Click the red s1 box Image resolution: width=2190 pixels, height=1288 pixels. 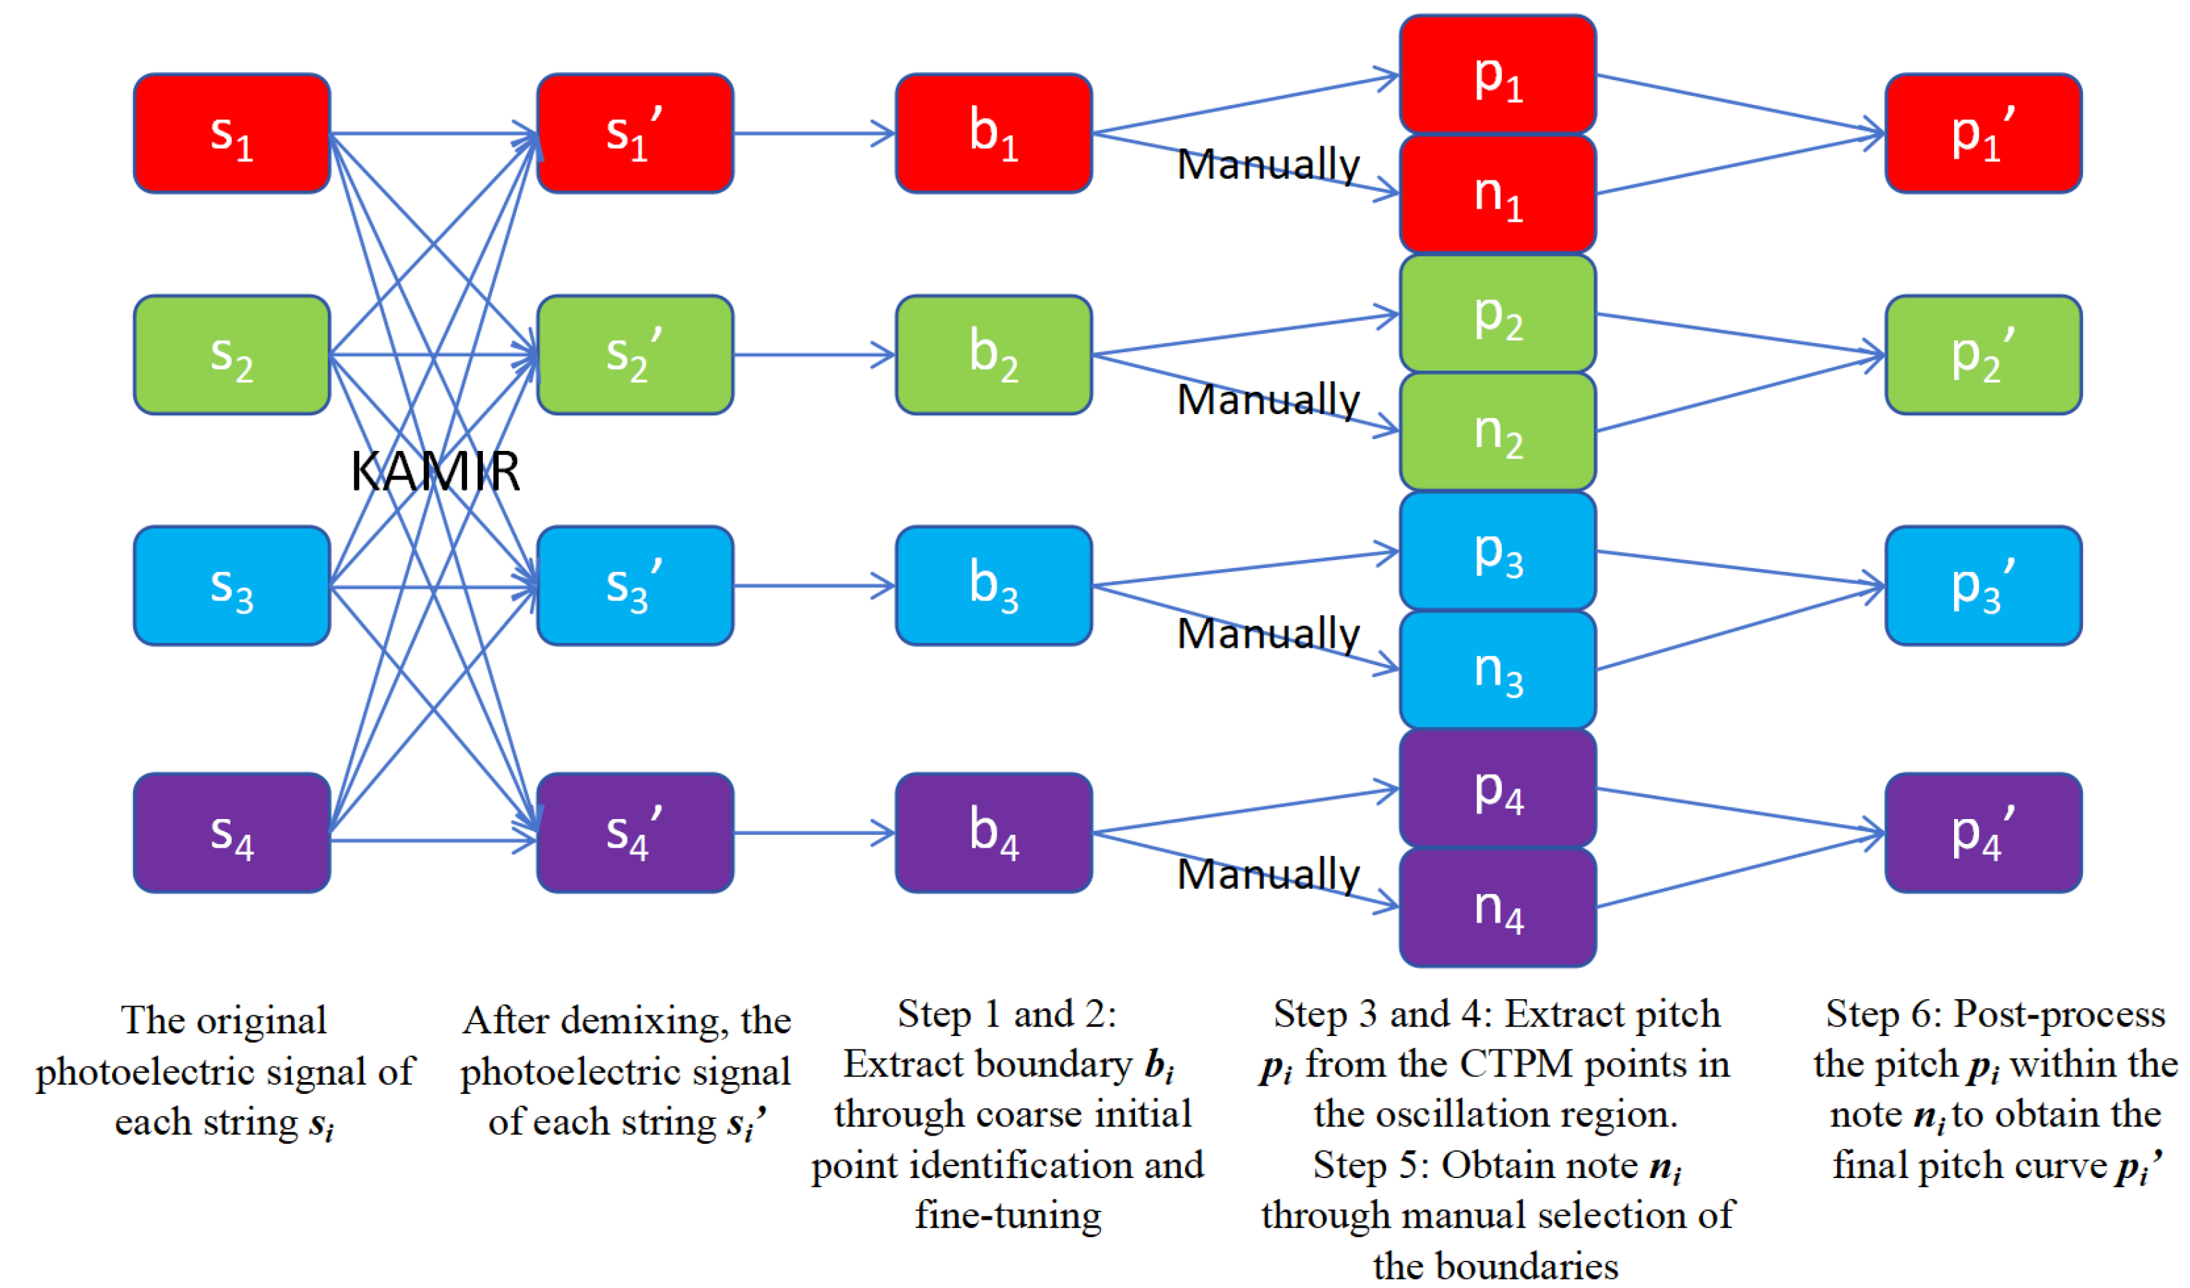coord(231,133)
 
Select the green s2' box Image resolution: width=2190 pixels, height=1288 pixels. coord(635,355)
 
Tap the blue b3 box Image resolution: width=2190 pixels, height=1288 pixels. coord(993,585)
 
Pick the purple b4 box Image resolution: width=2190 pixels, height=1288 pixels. coord(993,833)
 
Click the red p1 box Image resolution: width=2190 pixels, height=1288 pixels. coord(1498,74)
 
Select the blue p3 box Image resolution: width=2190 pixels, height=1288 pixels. coord(1498,551)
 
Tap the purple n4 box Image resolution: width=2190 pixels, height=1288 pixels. coord(1498,907)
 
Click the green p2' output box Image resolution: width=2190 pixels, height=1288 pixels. coord(1983,355)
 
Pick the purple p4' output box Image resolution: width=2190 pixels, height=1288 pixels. coord(1983,833)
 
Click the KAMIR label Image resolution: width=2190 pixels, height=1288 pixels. coord(434,472)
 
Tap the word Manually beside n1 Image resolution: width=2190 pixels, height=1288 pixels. coord(1267,164)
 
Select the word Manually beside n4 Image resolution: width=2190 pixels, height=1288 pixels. coord(1267,873)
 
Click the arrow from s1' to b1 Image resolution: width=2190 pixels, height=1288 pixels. coord(814,134)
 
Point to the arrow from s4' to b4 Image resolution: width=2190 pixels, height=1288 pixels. coord(814,834)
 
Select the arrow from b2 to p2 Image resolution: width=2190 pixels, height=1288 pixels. coord(1243,335)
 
